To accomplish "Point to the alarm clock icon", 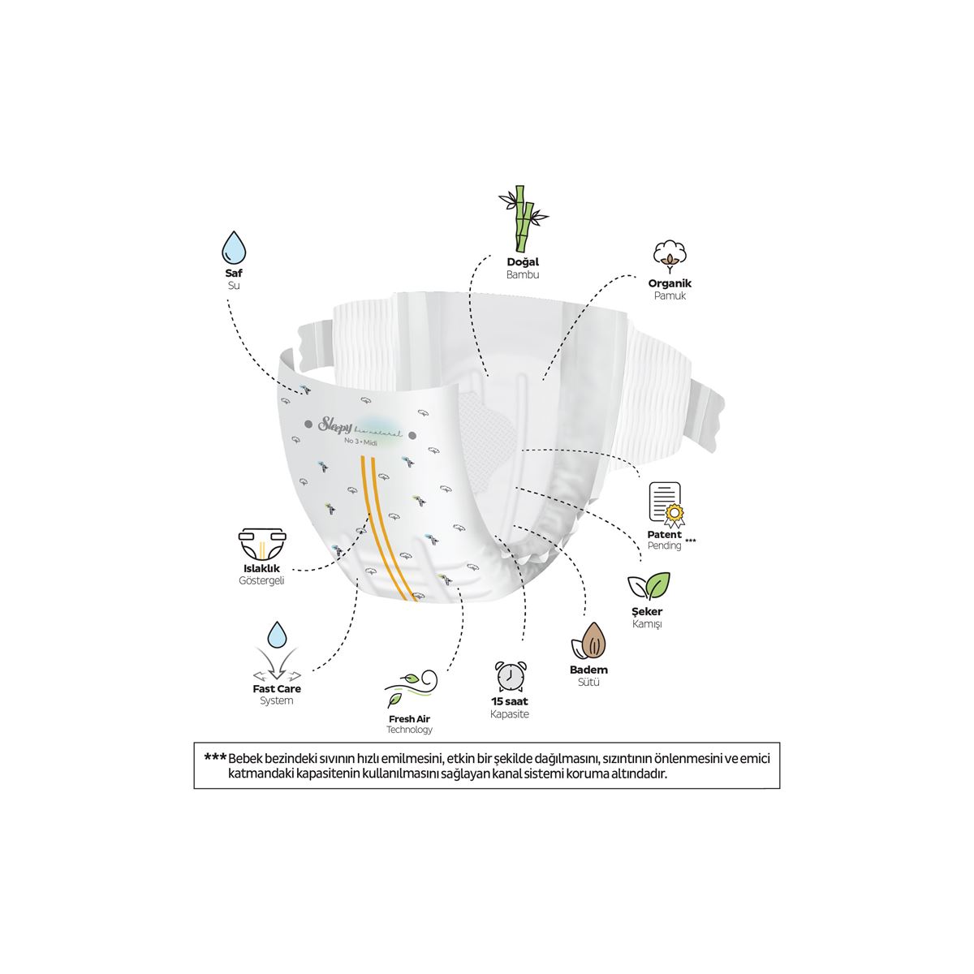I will click(x=510, y=676).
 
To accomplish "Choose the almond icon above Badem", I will click(x=589, y=641).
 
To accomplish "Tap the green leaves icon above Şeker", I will click(x=648, y=586).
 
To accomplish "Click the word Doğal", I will click(x=523, y=262).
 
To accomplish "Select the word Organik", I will click(x=670, y=283).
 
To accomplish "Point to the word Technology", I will click(x=410, y=730).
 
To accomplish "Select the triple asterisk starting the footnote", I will click(x=215, y=757).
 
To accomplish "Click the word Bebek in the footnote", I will click(x=247, y=758).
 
